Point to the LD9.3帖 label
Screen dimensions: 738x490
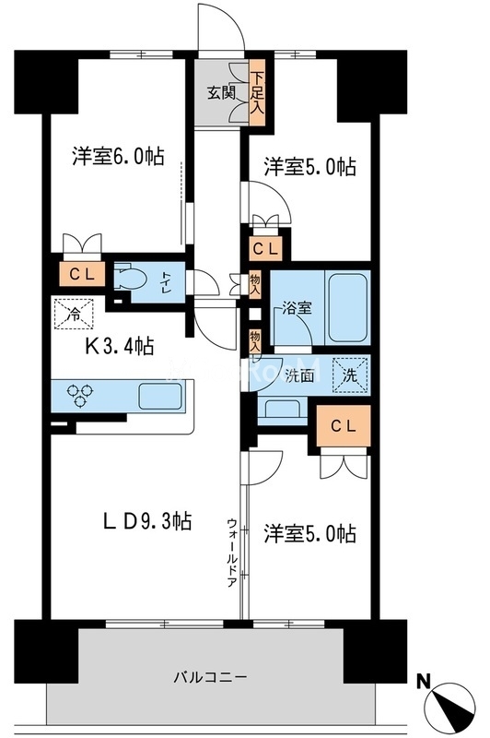[x=147, y=521]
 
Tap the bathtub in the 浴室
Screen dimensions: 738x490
[x=347, y=308]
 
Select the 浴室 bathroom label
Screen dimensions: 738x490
[x=297, y=309]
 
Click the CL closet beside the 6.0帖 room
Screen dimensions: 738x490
[x=76, y=274]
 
